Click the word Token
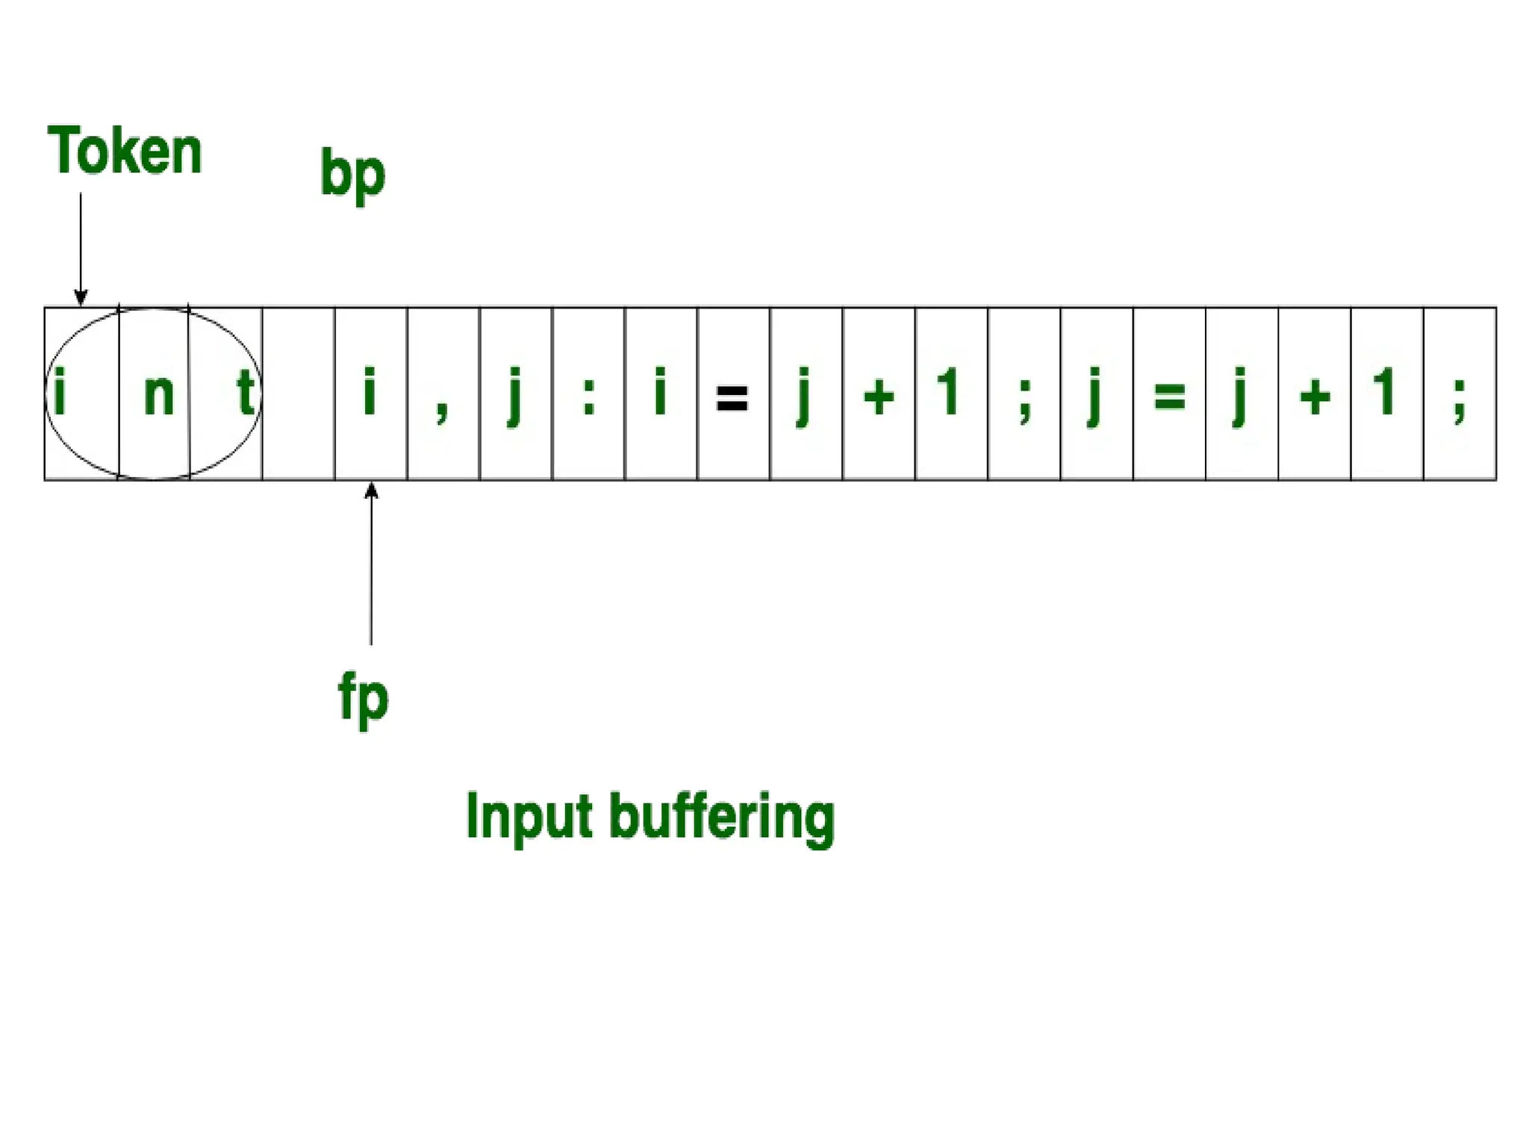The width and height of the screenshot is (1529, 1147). (125, 151)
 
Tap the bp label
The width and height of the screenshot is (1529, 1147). (352, 172)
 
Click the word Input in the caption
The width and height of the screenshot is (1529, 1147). (529, 818)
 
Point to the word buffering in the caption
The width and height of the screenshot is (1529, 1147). (722, 819)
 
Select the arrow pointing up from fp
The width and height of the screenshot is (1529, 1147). (371, 563)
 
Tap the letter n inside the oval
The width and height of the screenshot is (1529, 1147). (158, 394)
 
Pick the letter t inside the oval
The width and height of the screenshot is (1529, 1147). (245, 392)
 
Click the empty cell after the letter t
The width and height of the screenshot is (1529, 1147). (299, 394)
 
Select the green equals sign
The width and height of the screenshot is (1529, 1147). (1169, 397)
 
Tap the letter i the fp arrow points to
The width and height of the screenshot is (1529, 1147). (369, 391)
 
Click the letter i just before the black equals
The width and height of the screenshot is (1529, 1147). (660, 391)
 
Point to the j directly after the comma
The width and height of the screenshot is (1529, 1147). (514, 396)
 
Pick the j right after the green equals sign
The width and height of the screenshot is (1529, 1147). (1239, 396)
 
